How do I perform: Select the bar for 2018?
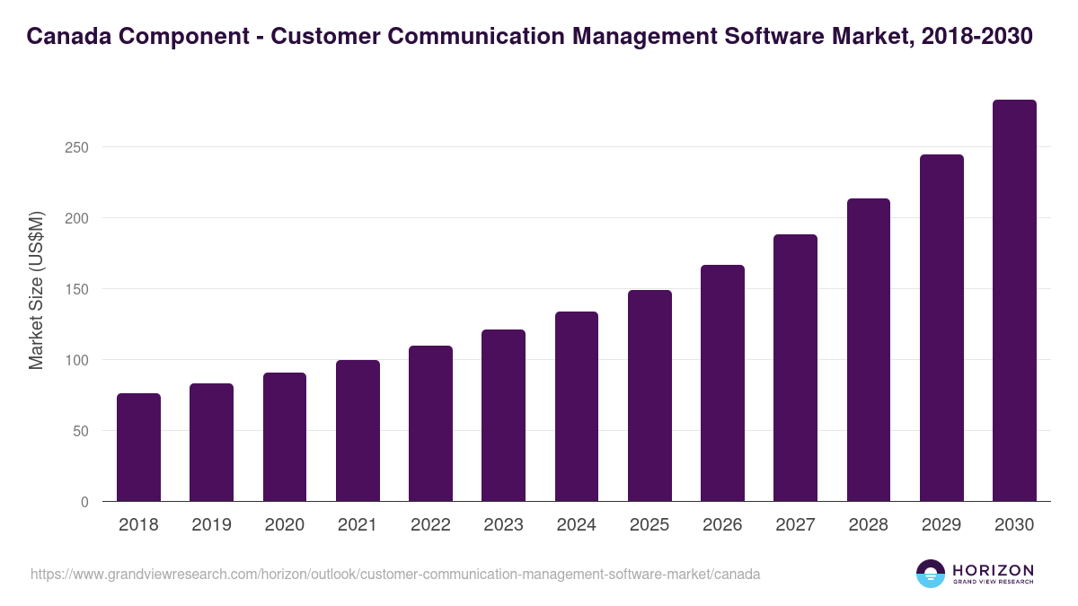(x=138, y=447)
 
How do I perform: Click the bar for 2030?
(x=1014, y=301)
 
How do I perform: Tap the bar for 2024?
(x=577, y=407)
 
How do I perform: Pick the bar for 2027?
(x=795, y=368)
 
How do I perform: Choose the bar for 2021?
(x=358, y=431)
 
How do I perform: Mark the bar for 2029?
(x=941, y=328)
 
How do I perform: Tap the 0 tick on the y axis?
(x=84, y=502)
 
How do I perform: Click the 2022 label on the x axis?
(x=430, y=525)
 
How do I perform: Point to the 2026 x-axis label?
(x=722, y=525)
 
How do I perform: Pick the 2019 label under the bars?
(x=211, y=525)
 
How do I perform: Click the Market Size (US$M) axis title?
(x=36, y=289)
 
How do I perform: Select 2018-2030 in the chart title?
(x=977, y=36)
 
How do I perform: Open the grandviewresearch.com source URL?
(x=395, y=574)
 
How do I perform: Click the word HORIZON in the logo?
(x=993, y=570)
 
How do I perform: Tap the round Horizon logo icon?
(x=931, y=574)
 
